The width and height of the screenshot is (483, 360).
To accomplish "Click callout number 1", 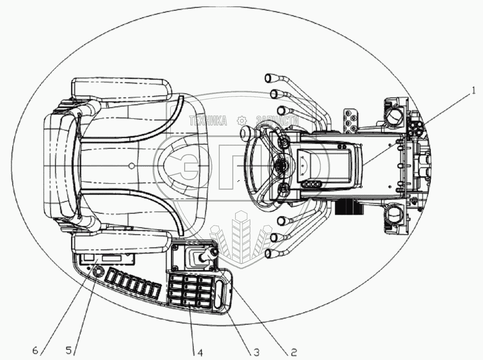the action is [473, 92].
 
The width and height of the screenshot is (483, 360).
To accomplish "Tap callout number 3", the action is [256, 352].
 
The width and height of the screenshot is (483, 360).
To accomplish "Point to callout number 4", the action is [200, 352].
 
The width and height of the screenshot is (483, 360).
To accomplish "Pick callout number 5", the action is [69, 351].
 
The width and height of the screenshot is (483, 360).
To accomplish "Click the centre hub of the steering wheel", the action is [281, 166].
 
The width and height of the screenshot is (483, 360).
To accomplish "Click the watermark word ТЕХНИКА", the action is [208, 121].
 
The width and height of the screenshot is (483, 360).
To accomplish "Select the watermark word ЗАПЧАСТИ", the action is [277, 121].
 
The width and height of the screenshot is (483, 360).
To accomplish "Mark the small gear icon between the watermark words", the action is [242, 121].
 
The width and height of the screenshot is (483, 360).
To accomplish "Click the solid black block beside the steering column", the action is [349, 207].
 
